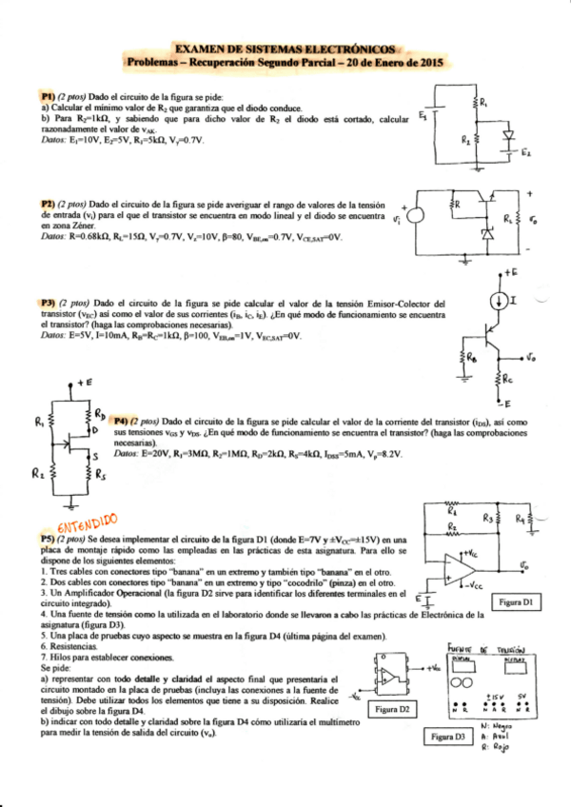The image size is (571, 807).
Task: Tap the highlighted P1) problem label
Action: pyautogui.click(x=47, y=98)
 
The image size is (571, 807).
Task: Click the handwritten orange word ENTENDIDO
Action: pyautogui.click(x=87, y=522)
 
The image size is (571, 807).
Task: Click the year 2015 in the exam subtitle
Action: pyautogui.click(x=429, y=63)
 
